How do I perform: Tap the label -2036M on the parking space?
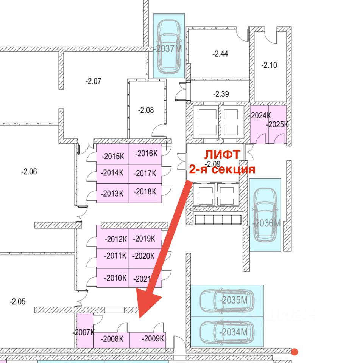267,223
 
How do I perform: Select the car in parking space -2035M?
226,300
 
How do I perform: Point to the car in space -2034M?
226,332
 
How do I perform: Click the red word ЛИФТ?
222,155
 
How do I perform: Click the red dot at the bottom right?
295,352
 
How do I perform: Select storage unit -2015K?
113,156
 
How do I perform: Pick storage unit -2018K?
145,192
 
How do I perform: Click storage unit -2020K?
144,256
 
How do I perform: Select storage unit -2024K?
260,116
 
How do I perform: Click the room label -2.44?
220,54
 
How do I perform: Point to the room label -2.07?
93,81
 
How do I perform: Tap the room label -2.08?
146,110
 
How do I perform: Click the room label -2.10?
269,65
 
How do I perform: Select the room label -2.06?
29,172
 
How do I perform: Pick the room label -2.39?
221,94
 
